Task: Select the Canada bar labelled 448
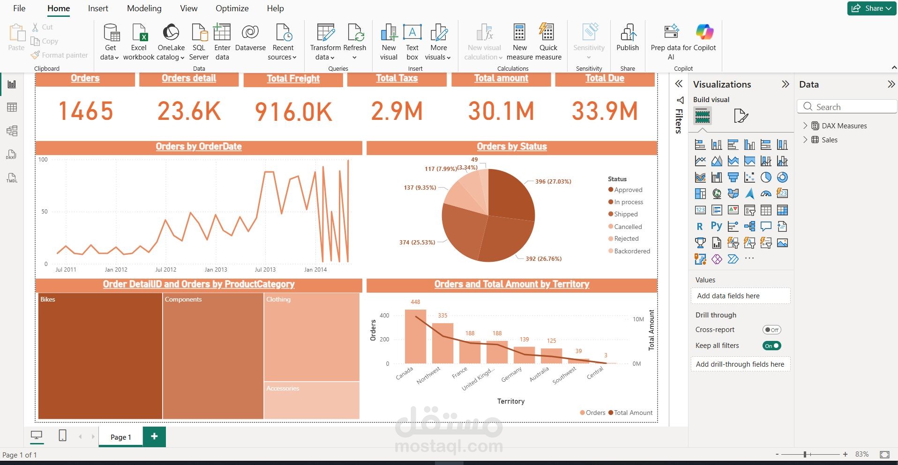415,336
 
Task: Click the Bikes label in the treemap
48,299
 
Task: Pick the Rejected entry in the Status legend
626,239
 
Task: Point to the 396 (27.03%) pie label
553,182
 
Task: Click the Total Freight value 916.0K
293,112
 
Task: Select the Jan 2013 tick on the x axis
216,270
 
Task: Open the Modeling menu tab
144,8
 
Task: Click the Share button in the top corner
871,8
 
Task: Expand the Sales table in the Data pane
805,140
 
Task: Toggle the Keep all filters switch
771,346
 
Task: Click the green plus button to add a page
154,436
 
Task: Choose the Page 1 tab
120,437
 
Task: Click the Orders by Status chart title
511,147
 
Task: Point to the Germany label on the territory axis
511,374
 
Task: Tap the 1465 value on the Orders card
85,111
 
